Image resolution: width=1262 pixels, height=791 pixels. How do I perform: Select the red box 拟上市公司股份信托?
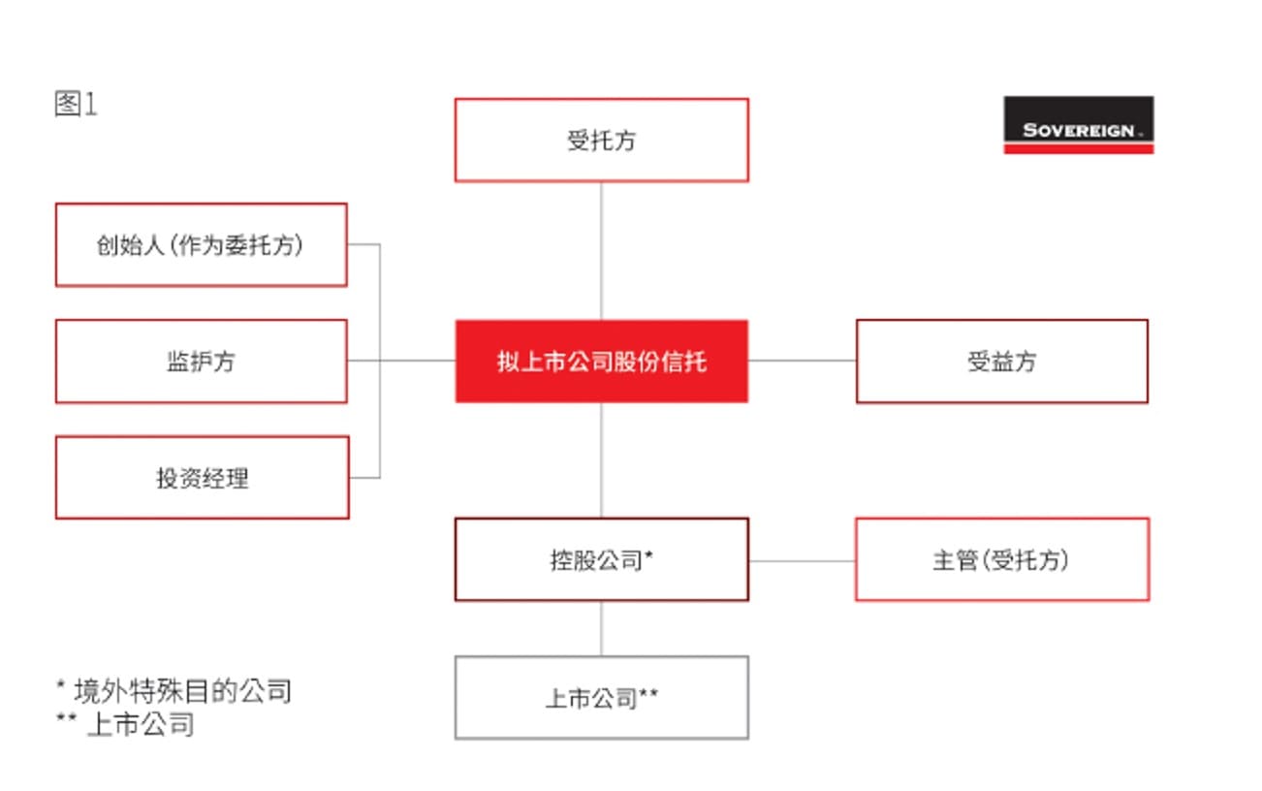click(x=602, y=362)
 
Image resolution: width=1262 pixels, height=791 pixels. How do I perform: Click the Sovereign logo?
click(x=1079, y=124)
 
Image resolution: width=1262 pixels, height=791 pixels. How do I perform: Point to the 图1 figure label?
click(x=76, y=104)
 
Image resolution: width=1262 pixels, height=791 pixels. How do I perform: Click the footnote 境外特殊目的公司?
click(x=183, y=691)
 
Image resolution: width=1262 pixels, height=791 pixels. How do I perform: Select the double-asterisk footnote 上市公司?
click(x=142, y=724)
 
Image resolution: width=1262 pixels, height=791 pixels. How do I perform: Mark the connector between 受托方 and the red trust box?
click(x=602, y=251)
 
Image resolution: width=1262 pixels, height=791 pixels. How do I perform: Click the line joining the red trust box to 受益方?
click(x=803, y=361)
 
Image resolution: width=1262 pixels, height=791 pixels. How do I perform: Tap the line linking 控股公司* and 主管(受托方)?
click(x=803, y=560)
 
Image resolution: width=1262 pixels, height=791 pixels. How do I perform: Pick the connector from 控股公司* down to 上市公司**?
click(x=602, y=629)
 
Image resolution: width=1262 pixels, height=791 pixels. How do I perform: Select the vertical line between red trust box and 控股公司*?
click(x=602, y=460)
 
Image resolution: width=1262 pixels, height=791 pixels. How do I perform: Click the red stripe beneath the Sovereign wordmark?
click(x=1079, y=148)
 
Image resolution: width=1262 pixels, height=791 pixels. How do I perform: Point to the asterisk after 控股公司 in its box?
click(x=648, y=554)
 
